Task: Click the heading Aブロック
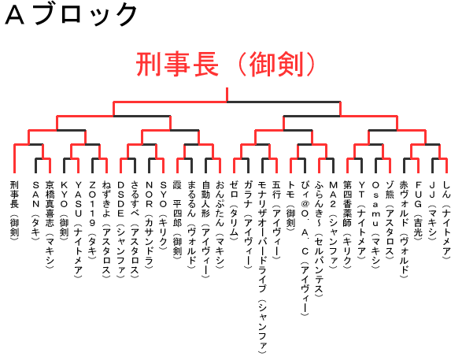click(71, 15)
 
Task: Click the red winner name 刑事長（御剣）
click(226, 64)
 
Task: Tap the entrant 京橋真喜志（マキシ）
click(50, 225)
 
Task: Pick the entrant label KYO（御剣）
click(64, 209)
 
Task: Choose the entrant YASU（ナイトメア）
click(78, 229)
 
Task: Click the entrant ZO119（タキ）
click(92, 220)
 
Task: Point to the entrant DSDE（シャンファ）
click(120, 229)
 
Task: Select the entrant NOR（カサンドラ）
click(149, 225)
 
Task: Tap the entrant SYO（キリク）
click(163, 215)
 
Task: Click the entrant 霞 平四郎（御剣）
click(177, 218)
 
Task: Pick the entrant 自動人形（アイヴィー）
click(205, 229)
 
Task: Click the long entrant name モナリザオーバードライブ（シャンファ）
click(262, 267)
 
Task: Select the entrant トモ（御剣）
click(290, 204)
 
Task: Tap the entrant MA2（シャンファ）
click(333, 225)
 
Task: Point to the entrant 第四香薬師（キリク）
click(347, 225)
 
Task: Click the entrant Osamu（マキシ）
click(375, 225)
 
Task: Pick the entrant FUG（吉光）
click(418, 209)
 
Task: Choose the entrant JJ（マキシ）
click(432, 210)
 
